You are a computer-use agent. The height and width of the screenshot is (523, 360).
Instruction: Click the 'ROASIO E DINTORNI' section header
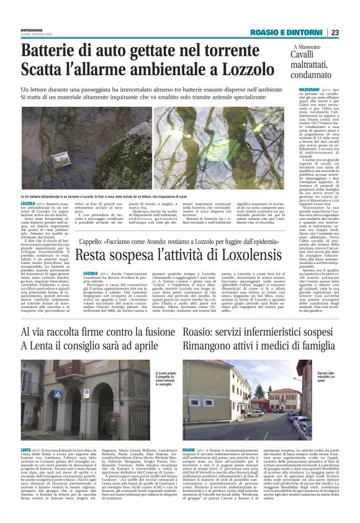pyautogui.click(x=287, y=32)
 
